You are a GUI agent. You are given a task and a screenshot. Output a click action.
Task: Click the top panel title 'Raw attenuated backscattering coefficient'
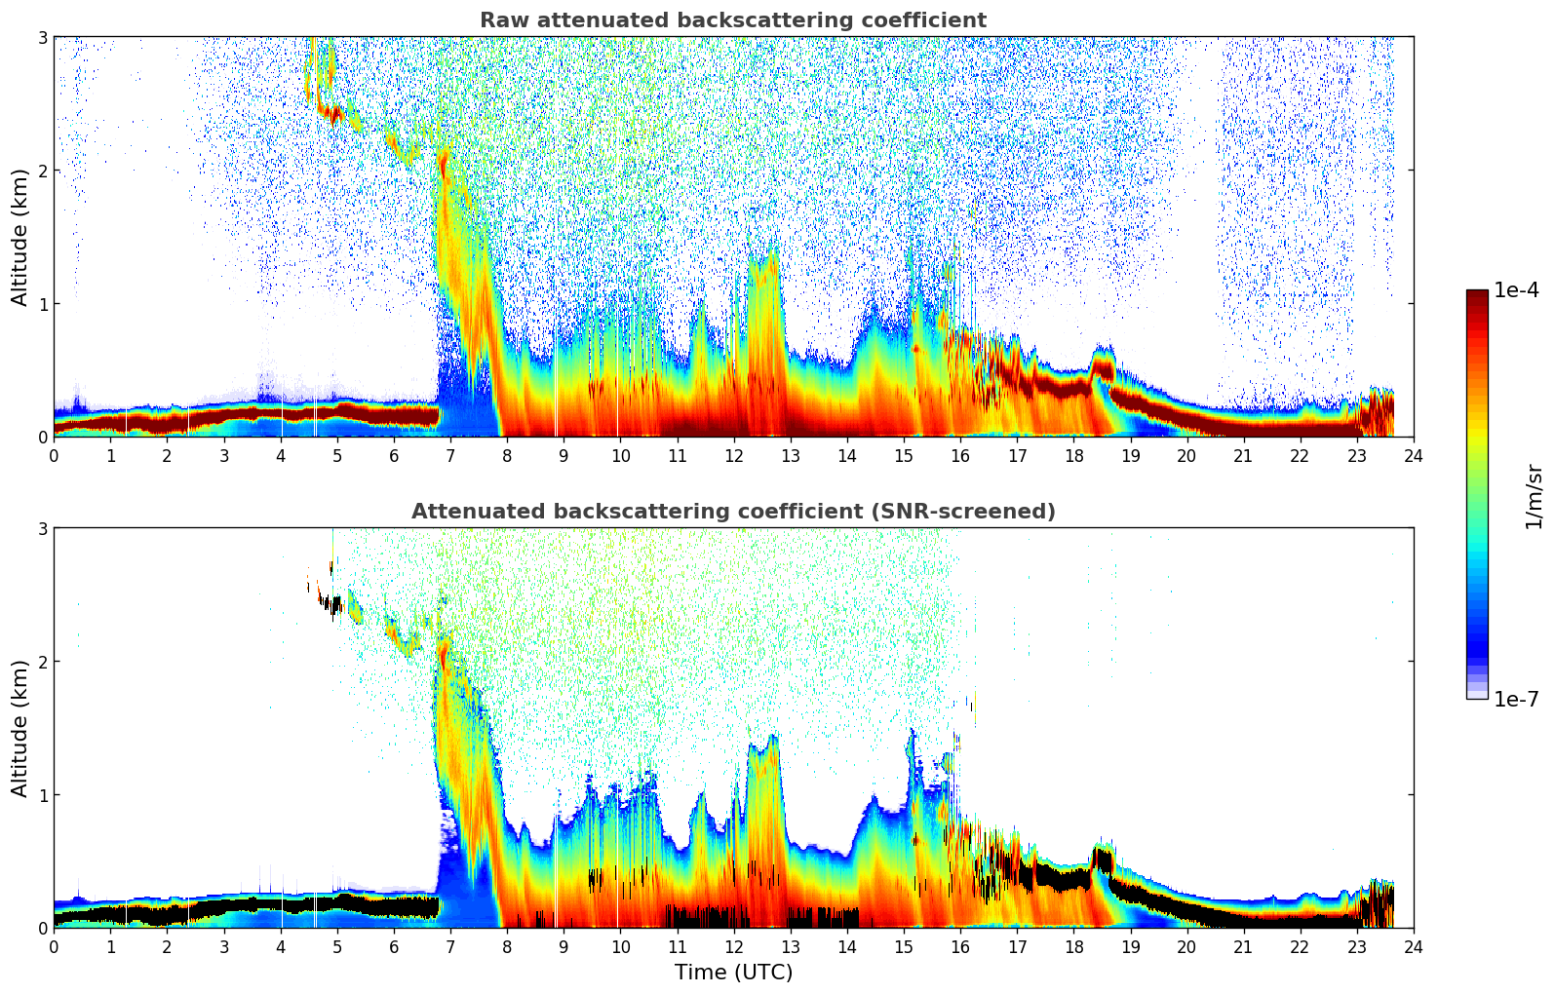pos(733,20)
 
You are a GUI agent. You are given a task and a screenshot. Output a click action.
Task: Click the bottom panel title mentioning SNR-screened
pos(733,512)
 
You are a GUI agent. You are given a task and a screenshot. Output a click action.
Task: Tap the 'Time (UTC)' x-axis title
pos(733,972)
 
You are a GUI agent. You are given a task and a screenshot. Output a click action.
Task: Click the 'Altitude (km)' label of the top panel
pos(20,237)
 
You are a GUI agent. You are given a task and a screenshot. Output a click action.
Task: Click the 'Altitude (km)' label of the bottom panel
pos(20,728)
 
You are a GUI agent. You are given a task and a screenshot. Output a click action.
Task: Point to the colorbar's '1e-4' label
pos(1517,290)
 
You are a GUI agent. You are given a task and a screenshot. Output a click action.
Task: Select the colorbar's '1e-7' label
pos(1517,699)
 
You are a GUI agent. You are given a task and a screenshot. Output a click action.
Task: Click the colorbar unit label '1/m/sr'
pos(1534,495)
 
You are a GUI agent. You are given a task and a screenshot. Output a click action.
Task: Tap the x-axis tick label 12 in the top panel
pos(733,455)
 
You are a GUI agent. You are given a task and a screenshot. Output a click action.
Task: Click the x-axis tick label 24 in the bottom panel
pos(1414,946)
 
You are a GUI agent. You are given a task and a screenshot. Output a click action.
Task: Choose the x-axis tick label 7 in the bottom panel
pos(450,946)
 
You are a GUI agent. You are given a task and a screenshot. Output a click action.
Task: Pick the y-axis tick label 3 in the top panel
pos(42,37)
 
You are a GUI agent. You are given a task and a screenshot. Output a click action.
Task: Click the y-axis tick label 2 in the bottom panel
pos(42,662)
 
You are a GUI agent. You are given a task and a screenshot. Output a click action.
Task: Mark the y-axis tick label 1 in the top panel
pos(42,304)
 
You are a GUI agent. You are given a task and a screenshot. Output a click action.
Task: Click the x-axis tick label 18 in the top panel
pos(1073,455)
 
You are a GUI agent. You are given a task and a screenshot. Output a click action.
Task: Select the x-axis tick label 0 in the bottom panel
pos(54,946)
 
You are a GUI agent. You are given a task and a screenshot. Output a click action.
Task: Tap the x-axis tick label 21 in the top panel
pos(1243,455)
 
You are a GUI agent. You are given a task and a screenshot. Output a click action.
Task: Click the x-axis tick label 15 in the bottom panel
pos(904,946)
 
